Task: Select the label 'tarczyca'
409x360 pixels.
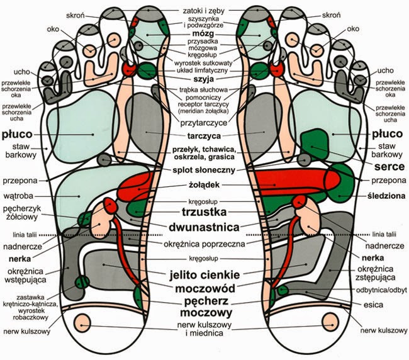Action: click(201, 135)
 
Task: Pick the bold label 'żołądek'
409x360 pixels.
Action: click(203, 185)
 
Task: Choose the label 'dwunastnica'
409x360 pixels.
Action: click(203, 227)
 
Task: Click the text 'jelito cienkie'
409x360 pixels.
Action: click(203, 274)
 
